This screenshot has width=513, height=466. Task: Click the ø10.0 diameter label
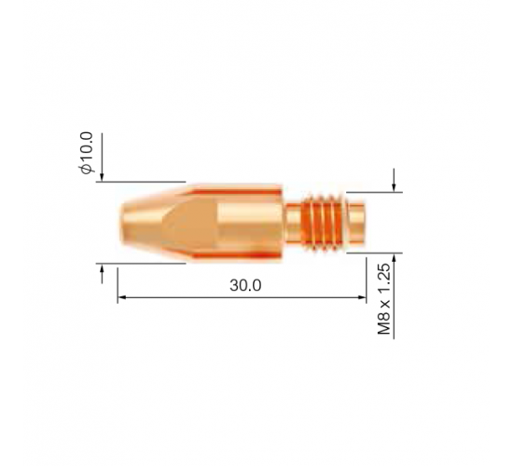(87, 153)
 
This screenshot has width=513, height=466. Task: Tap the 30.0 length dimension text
(245, 285)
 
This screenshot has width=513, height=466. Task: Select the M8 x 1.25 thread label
(384, 299)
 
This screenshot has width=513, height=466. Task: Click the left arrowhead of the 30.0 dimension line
(121, 297)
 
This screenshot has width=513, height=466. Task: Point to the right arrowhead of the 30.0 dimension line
(362, 297)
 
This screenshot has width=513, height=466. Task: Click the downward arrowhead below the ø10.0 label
(102, 177)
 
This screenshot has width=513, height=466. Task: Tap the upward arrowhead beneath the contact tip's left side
(102, 268)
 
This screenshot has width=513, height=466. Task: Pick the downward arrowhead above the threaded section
(394, 187)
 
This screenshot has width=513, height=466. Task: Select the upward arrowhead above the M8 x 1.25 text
(394, 257)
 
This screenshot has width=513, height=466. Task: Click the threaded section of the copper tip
(323, 223)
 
